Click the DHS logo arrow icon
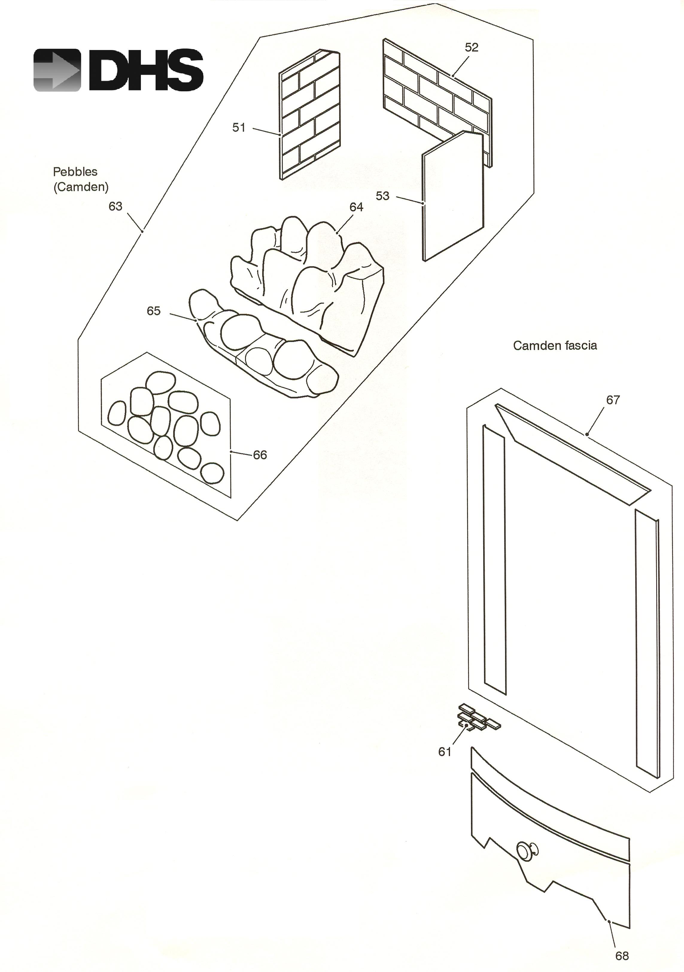[x=57, y=70]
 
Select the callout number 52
[x=471, y=47]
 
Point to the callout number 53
[x=382, y=196]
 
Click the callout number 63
[x=115, y=206]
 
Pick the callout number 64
[x=356, y=207]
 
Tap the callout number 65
[x=153, y=311]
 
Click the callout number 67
[x=613, y=400]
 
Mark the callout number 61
[x=445, y=751]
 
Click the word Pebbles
[x=75, y=172]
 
